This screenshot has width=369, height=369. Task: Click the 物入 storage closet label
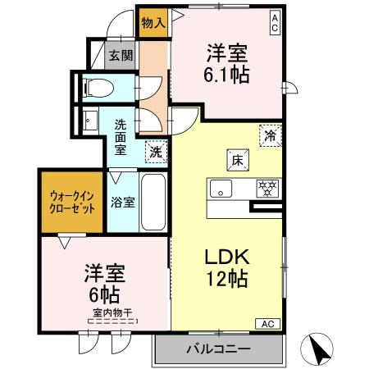pos(153,21)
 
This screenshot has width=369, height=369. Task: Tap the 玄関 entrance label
pos(121,56)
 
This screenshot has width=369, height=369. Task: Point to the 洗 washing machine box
pos(154,150)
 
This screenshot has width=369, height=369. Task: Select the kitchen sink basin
pos(222,188)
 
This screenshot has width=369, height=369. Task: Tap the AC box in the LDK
pos(267,324)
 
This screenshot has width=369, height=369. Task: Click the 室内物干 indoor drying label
pos(107,312)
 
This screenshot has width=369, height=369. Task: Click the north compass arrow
pos(319,351)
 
